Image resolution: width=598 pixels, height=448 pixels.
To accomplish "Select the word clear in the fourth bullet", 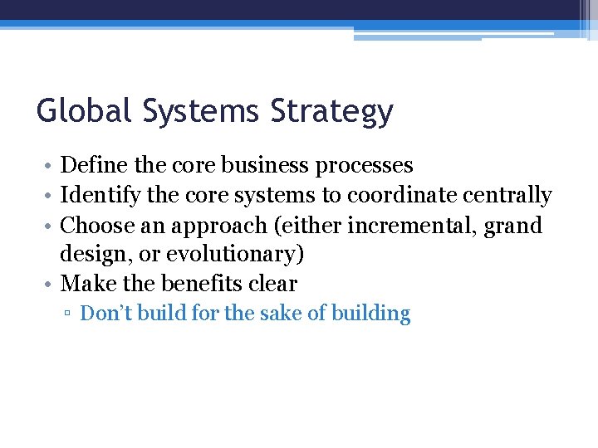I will pos(273,284).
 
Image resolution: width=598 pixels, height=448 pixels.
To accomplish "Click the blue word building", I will pos(370,314).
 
